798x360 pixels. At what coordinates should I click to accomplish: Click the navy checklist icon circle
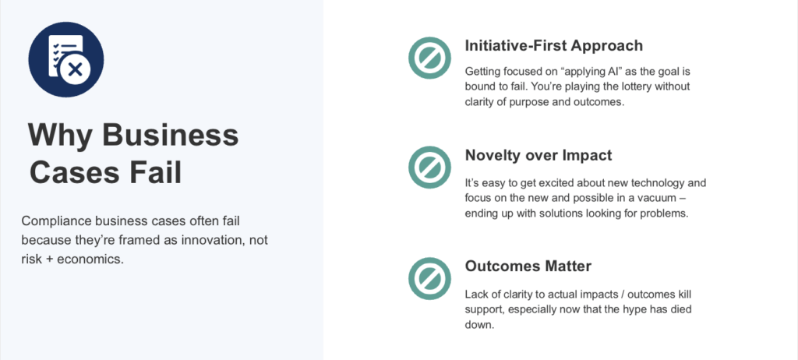pos(66,59)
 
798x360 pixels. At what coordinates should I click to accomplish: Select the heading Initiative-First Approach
pos(553,45)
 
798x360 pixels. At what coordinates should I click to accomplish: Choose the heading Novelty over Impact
pos(538,156)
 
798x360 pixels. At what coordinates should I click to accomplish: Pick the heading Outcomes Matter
pos(528,266)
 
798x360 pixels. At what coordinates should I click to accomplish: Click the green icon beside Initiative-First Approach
pos(428,56)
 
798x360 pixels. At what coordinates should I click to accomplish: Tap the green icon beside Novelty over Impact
pos(428,167)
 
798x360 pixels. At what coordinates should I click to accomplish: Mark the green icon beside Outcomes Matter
pos(428,277)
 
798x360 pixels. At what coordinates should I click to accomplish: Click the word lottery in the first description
pos(636,86)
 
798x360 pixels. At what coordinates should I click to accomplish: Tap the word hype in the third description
pos(623,309)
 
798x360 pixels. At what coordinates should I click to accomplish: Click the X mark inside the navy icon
pos(76,70)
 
